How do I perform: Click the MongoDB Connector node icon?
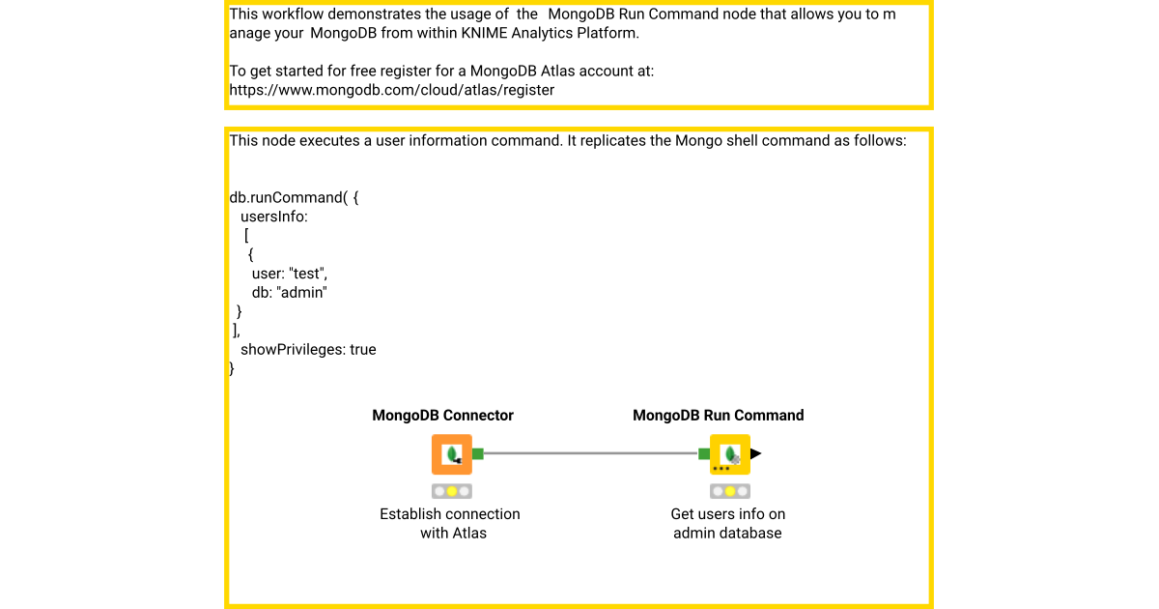click(451, 454)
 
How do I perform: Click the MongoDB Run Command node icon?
click(730, 454)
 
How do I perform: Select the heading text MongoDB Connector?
click(442, 416)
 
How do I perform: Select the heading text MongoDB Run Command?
click(718, 416)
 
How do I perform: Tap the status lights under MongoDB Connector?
click(451, 491)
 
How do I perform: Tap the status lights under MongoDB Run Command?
click(730, 491)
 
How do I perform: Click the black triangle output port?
click(756, 453)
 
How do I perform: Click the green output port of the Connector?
click(478, 453)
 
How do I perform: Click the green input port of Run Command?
click(704, 453)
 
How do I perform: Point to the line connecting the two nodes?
click(589, 453)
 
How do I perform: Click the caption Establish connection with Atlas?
click(450, 523)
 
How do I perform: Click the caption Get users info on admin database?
click(727, 523)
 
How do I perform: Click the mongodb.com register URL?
click(391, 90)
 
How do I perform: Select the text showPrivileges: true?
click(307, 349)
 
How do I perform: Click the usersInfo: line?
click(273, 217)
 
